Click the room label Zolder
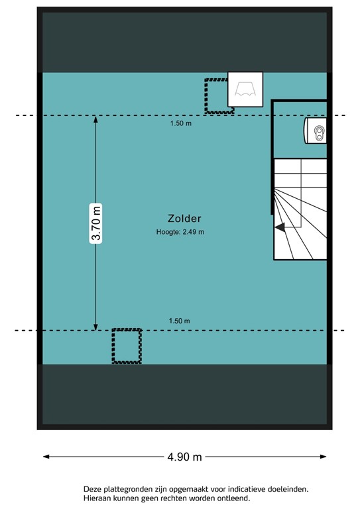(x=184, y=219)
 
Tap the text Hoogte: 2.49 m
(x=180, y=232)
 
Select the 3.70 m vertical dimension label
(x=96, y=223)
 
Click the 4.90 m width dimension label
(x=184, y=457)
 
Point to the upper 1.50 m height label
(x=179, y=123)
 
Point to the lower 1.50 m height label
(x=179, y=321)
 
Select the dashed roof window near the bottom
(x=127, y=346)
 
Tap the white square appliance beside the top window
(x=245, y=89)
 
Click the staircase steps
(x=302, y=209)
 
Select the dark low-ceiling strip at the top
(x=184, y=41)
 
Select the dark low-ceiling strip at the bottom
(x=184, y=394)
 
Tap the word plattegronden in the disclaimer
(x=129, y=489)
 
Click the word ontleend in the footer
(x=233, y=498)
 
